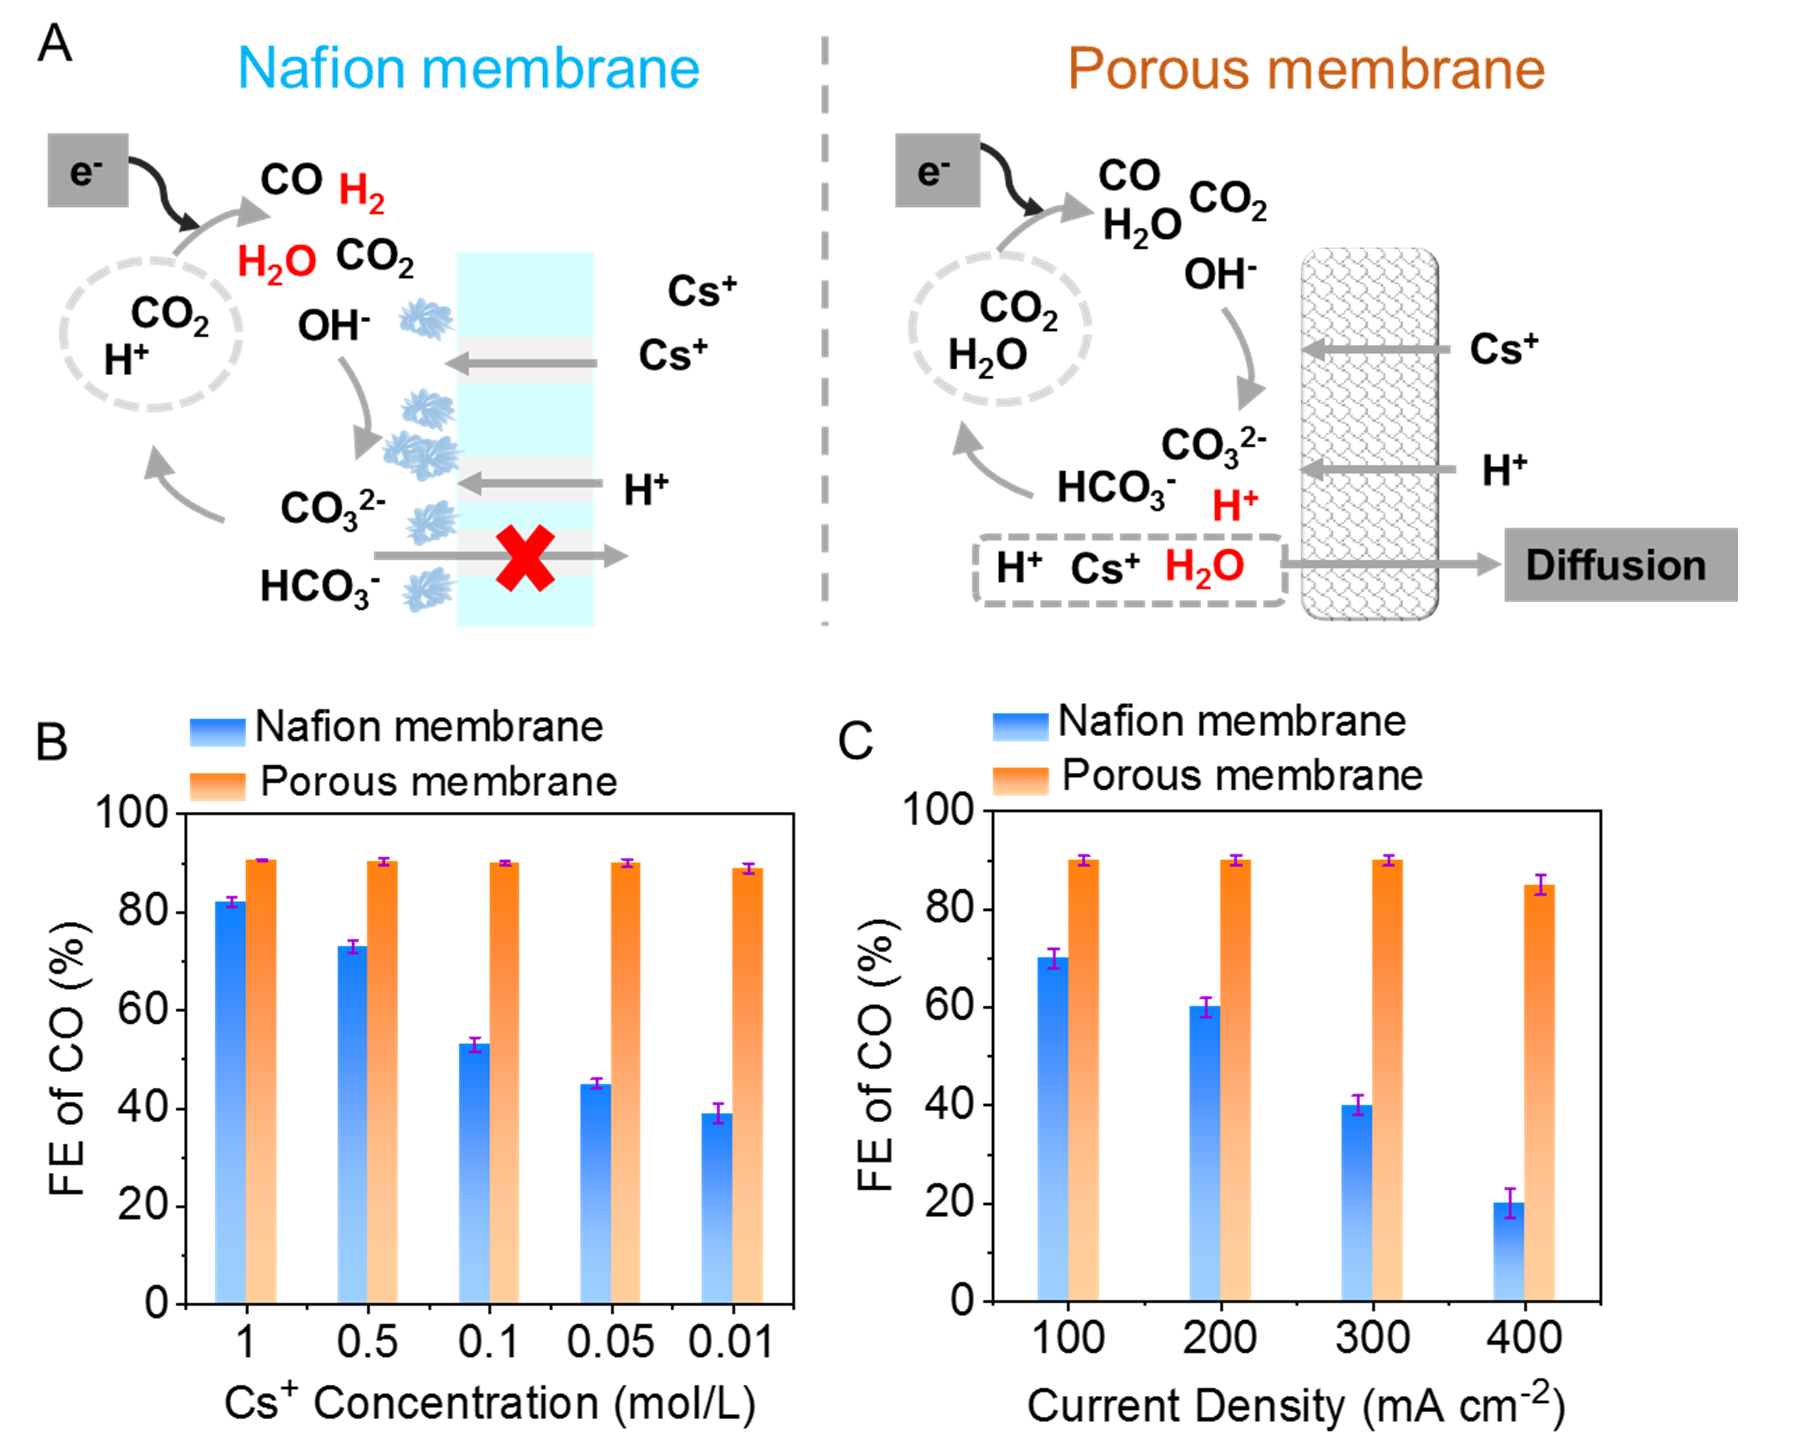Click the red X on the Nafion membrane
[525, 557]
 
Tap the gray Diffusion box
[1619, 565]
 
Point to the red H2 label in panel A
[361, 191]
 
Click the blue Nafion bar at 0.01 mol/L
[717, 1207]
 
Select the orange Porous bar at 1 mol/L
[261, 1081]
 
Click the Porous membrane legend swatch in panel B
[217, 785]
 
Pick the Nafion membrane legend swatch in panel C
[1020, 726]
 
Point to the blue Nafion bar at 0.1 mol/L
[474, 1173]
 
